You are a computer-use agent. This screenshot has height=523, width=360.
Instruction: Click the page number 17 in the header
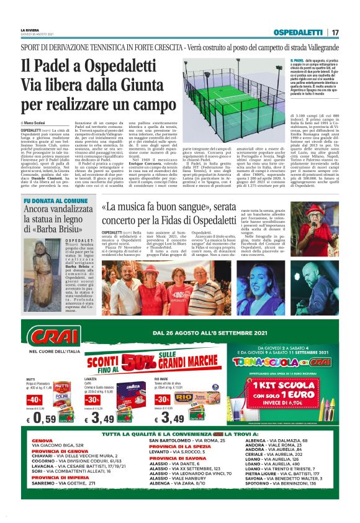pos(335,32)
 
